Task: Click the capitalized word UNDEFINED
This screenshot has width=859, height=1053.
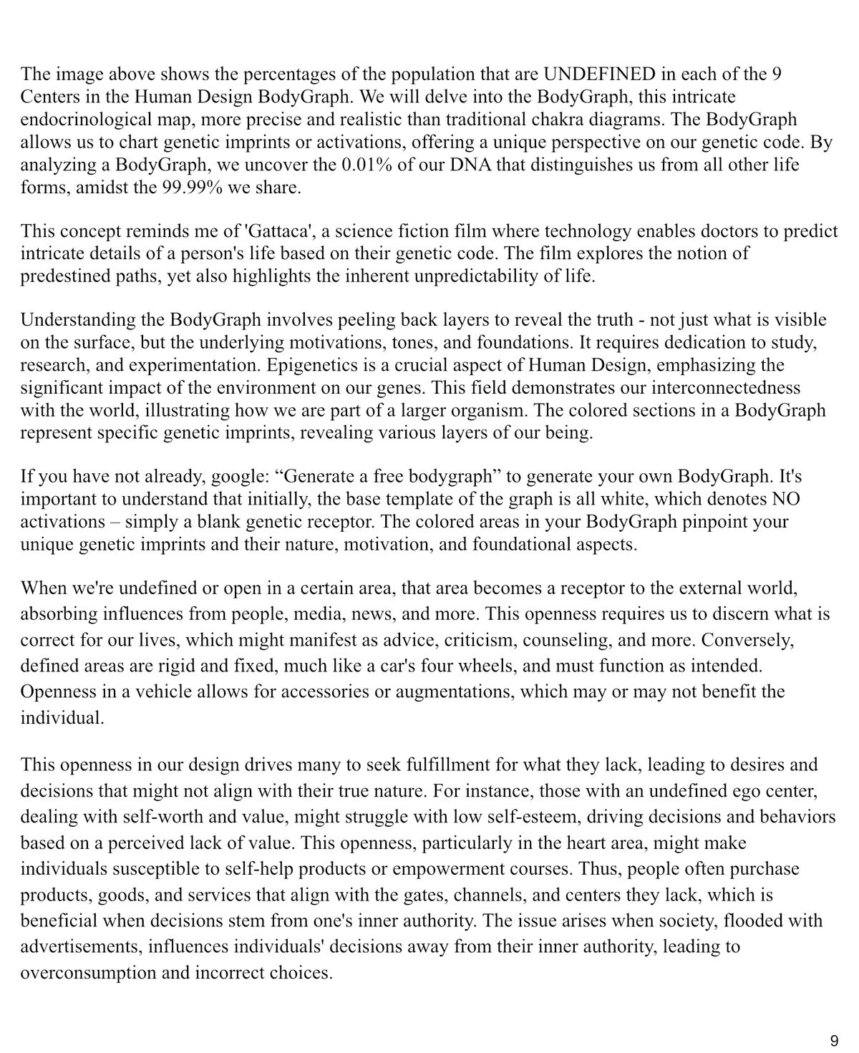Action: [600, 74]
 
